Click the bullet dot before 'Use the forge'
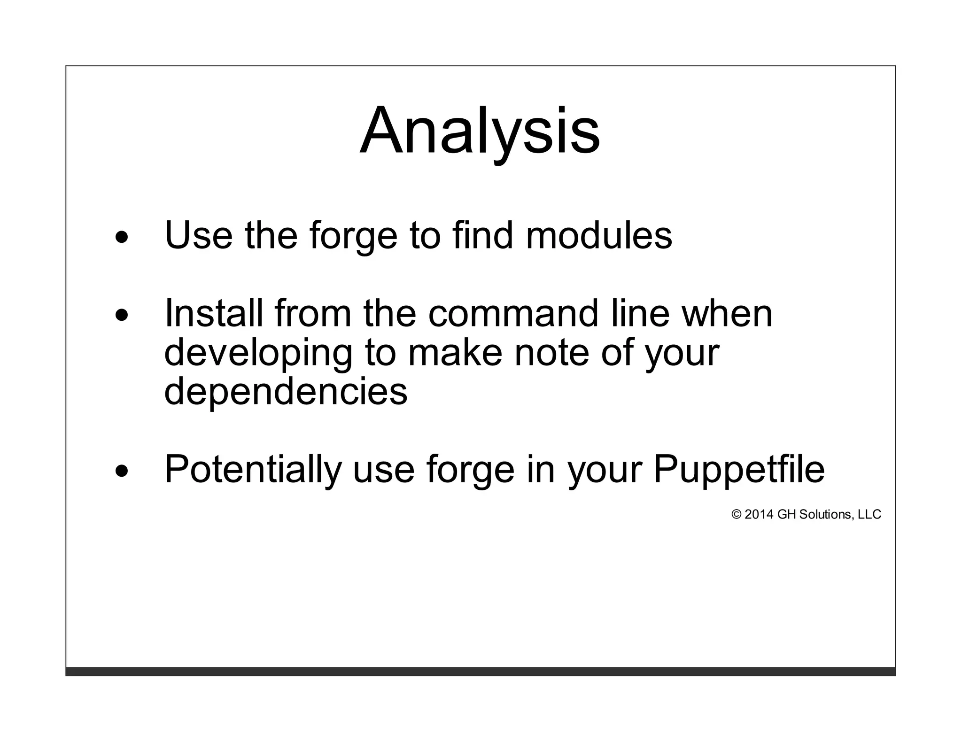pyautogui.click(x=122, y=238)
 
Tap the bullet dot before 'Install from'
pyautogui.click(x=122, y=316)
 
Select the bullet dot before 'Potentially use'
pyautogui.click(x=122, y=471)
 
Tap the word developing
pyautogui.click(x=258, y=354)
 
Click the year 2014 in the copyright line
pyautogui.click(x=759, y=515)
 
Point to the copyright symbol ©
pyautogui.click(x=736, y=515)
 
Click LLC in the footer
pyautogui.click(x=869, y=515)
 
